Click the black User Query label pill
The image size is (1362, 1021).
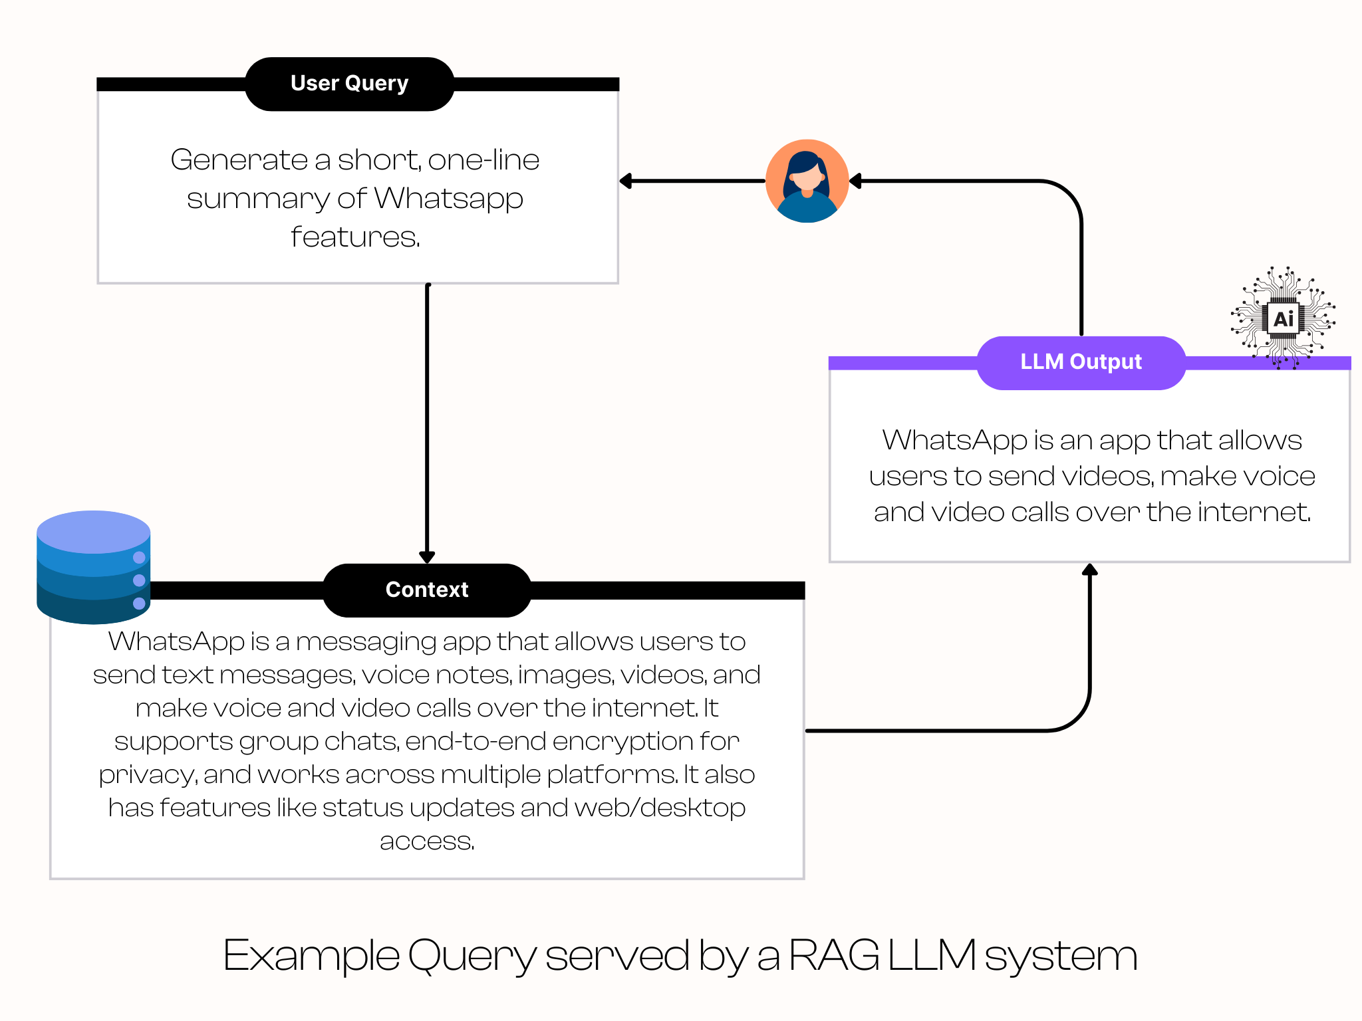(349, 84)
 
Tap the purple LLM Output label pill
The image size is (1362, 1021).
(1081, 362)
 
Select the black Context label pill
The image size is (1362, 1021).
(427, 590)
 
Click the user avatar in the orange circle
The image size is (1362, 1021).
(807, 181)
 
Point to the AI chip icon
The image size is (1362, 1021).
(1283, 318)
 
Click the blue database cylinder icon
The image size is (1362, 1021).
(94, 567)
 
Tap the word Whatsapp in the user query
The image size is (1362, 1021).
(449, 199)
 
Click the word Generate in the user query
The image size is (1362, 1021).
(239, 160)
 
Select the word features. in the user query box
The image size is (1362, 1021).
(356, 237)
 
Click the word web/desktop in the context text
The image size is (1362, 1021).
(660, 808)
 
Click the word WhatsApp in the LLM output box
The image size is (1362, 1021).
(954, 441)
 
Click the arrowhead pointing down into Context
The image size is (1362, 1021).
(427, 557)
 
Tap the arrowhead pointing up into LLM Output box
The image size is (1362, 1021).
(1089, 570)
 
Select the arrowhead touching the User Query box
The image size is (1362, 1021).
(626, 181)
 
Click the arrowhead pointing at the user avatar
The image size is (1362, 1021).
(856, 181)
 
